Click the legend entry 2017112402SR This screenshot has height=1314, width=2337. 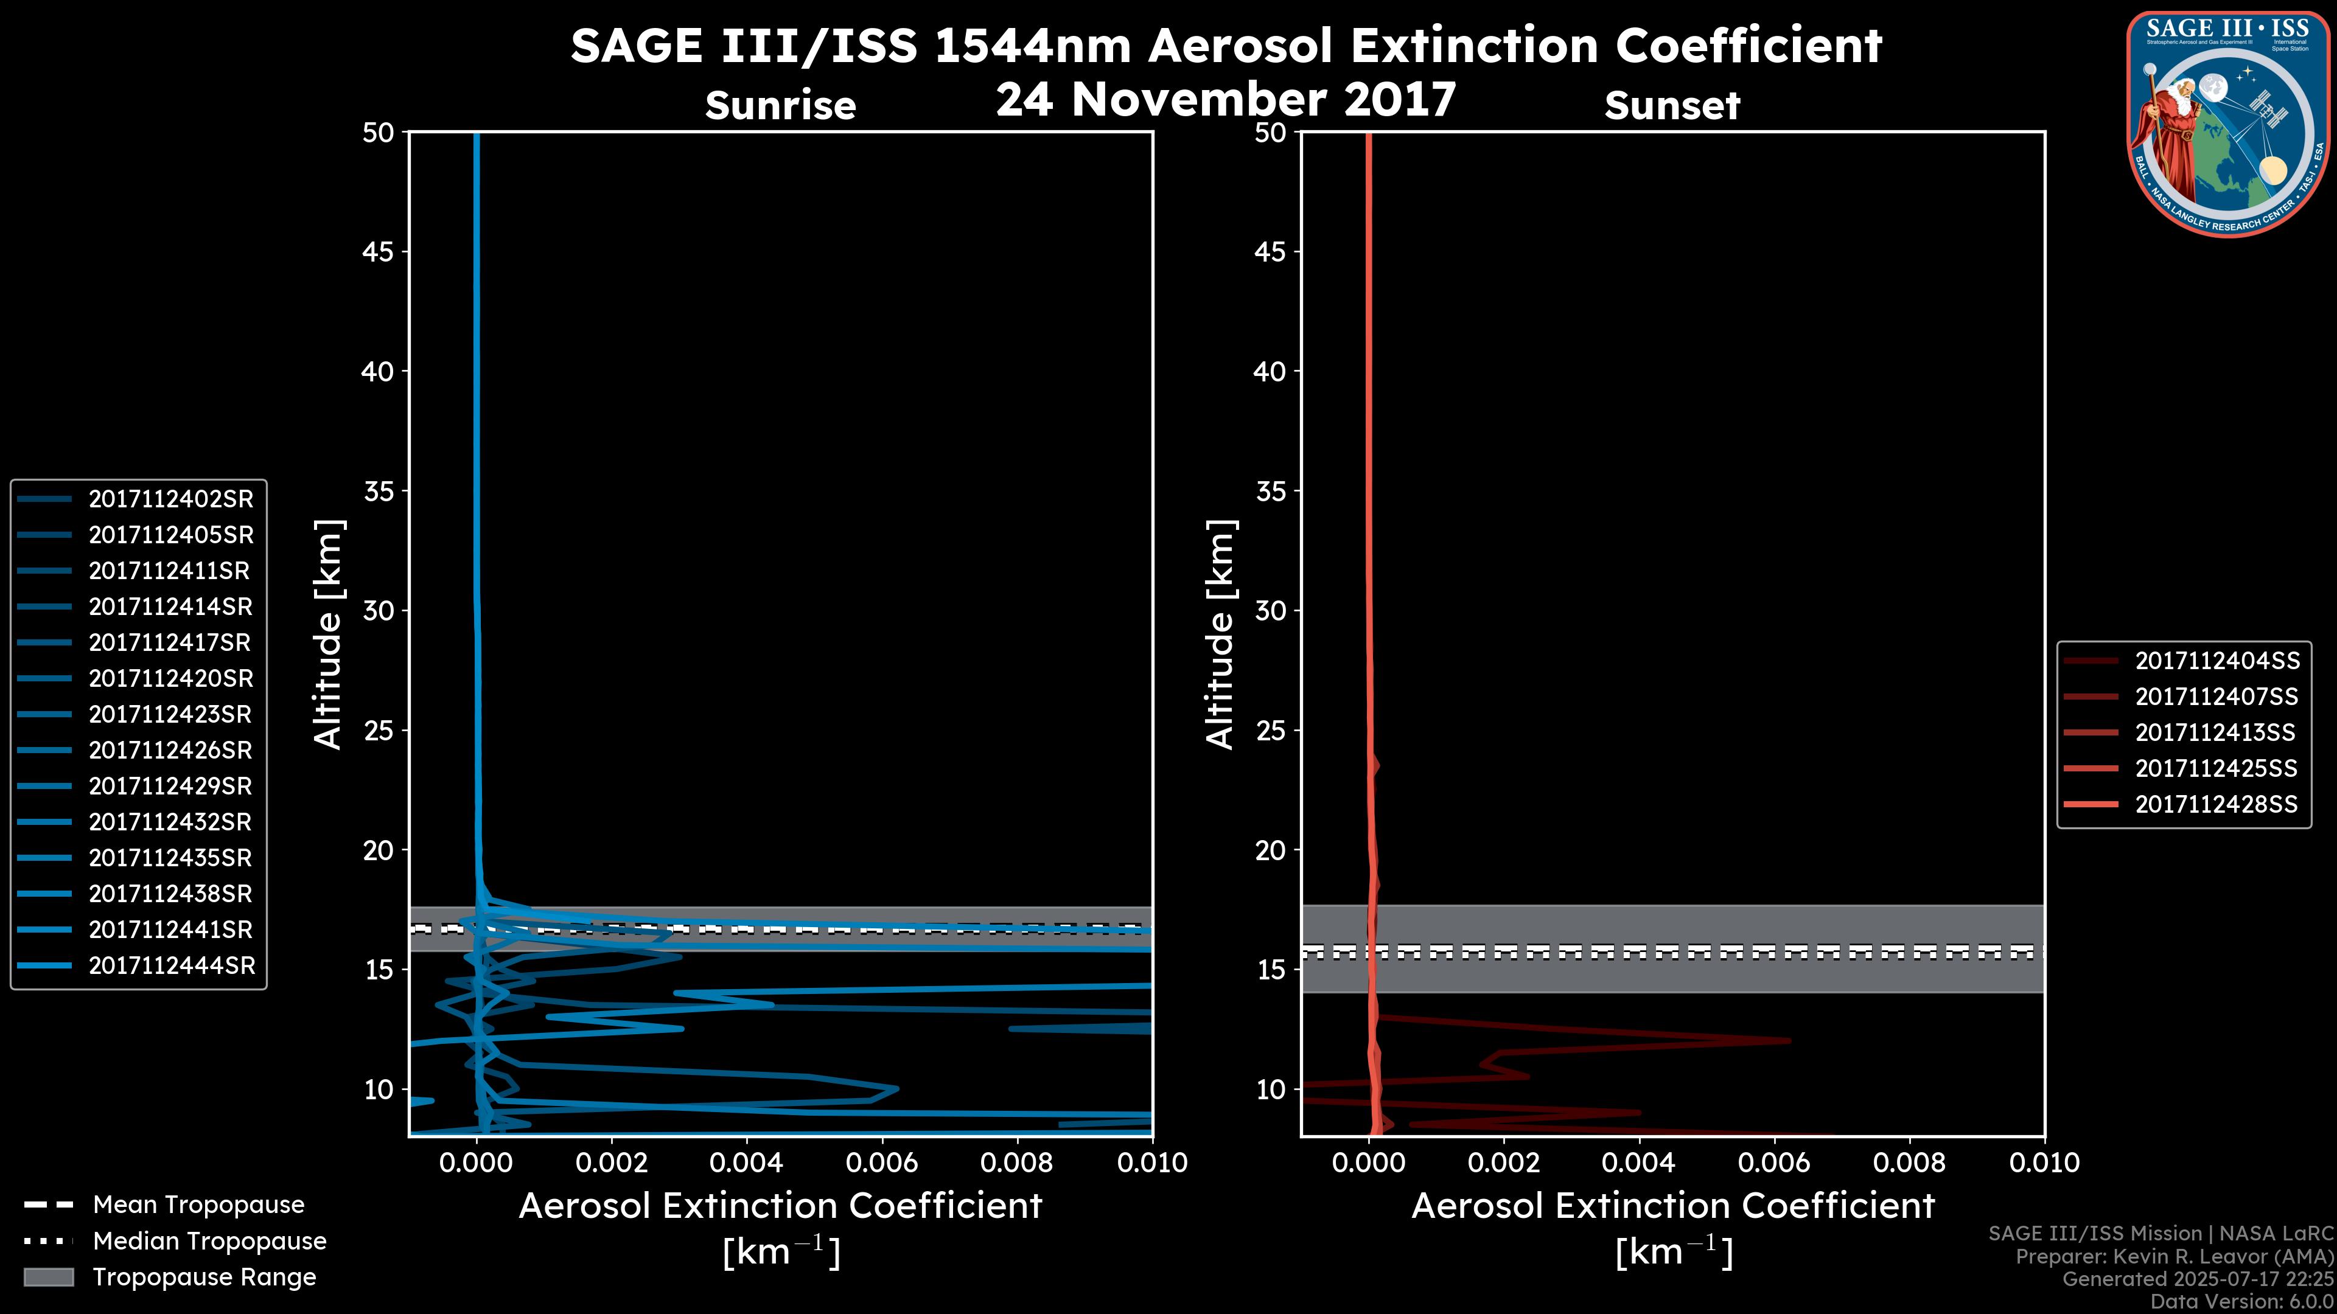click(x=170, y=499)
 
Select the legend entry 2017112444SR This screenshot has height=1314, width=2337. click(x=172, y=966)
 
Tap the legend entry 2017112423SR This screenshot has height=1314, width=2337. click(x=170, y=715)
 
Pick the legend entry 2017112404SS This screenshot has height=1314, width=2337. click(x=2217, y=661)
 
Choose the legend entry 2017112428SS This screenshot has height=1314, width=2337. click(x=2216, y=804)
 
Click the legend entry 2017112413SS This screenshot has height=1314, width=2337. click(x=2215, y=732)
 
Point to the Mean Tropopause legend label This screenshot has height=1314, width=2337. click(x=198, y=1205)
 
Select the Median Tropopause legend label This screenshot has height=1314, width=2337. click(x=209, y=1242)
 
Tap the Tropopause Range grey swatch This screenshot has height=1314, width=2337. click(x=48, y=1277)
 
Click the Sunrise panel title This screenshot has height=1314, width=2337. click(x=780, y=106)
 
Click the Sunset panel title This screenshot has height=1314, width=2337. click(x=1672, y=106)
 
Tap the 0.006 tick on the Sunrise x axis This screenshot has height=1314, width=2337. click(x=882, y=1163)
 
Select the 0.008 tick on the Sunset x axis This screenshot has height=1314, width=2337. click(x=1910, y=1163)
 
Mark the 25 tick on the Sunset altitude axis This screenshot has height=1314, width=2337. click(x=1271, y=731)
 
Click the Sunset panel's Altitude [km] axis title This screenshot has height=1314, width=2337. click(x=1221, y=634)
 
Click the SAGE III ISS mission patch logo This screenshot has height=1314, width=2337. click(x=2226, y=124)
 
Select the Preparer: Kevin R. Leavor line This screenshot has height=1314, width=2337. click(x=2174, y=1257)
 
